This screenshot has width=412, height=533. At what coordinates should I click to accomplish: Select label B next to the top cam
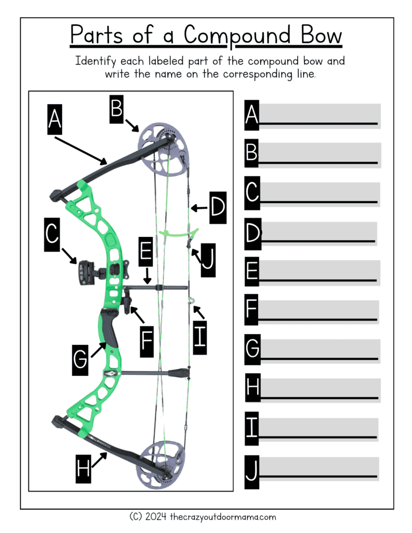[x=117, y=109]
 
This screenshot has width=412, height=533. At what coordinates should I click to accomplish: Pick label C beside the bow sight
[x=52, y=236]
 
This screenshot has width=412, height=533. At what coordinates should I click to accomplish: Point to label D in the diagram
[x=217, y=207]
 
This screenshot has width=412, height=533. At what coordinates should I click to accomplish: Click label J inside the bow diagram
[x=208, y=260]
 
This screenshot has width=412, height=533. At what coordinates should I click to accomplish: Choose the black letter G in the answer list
[x=252, y=349]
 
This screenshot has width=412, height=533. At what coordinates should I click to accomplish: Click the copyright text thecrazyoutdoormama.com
[x=223, y=517]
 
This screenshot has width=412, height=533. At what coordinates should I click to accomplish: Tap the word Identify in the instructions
[x=96, y=61]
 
